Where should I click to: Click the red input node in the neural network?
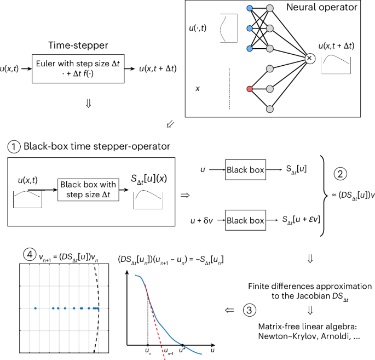coord(250,89)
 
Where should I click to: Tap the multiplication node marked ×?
coord(309,59)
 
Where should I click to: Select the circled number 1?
coord(14,147)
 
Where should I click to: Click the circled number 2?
coord(340,174)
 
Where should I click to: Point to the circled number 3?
coord(250,310)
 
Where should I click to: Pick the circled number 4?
coord(30,254)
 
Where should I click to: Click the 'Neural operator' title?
coord(322,7)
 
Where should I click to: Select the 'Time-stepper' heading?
coord(78,45)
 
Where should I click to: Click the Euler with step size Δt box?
coord(78,68)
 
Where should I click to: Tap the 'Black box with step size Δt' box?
coord(88,190)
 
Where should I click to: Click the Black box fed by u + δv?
coord(245,220)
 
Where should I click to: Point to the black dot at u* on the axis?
coord(182,345)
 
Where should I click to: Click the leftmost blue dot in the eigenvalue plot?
coord(36,308)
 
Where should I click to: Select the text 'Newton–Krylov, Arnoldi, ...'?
coord(309,336)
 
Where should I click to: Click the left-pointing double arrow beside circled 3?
coord(229,310)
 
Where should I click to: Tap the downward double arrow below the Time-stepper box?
coord(88,104)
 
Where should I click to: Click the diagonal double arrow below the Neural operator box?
coord(170,124)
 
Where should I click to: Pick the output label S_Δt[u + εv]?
coord(301,220)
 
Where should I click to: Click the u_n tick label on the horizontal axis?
coord(148,351)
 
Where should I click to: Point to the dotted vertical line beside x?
coord(229,89)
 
